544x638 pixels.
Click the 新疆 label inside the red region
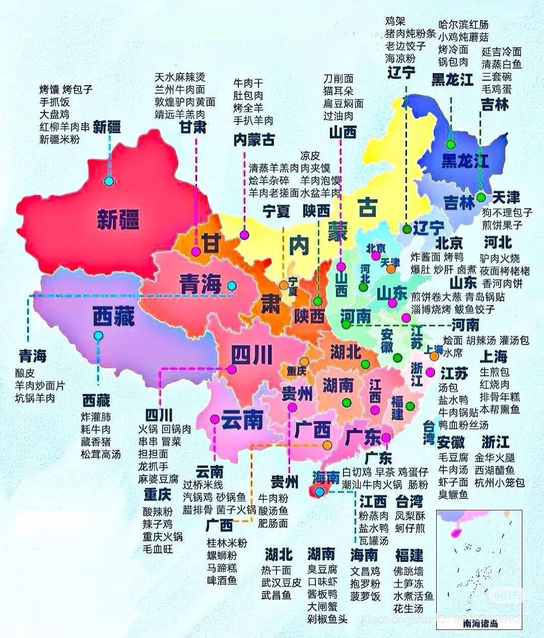[x=118, y=220]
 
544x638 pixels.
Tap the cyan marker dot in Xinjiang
[x=109, y=181]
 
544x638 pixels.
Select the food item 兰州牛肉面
[x=180, y=90]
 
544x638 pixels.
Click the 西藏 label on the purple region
[x=113, y=318]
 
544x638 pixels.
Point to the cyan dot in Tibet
[x=98, y=335]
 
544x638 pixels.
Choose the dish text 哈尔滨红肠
[x=463, y=25]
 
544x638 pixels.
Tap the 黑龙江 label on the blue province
[x=464, y=161]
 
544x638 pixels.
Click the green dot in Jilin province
[x=482, y=197]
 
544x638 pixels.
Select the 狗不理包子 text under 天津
[x=507, y=213]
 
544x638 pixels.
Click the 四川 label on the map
[x=251, y=355]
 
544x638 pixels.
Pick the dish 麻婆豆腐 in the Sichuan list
[x=158, y=478]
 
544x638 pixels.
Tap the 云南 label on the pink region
[x=242, y=419]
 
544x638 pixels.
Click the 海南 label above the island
[x=326, y=477]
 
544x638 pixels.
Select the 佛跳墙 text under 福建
[x=409, y=571]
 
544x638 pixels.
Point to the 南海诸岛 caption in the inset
[x=480, y=623]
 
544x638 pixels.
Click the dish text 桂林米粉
[x=227, y=543]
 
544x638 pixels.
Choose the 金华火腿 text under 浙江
[x=495, y=458]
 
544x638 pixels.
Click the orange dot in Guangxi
[x=327, y=445]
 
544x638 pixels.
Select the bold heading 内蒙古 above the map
[x=254, y=140]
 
